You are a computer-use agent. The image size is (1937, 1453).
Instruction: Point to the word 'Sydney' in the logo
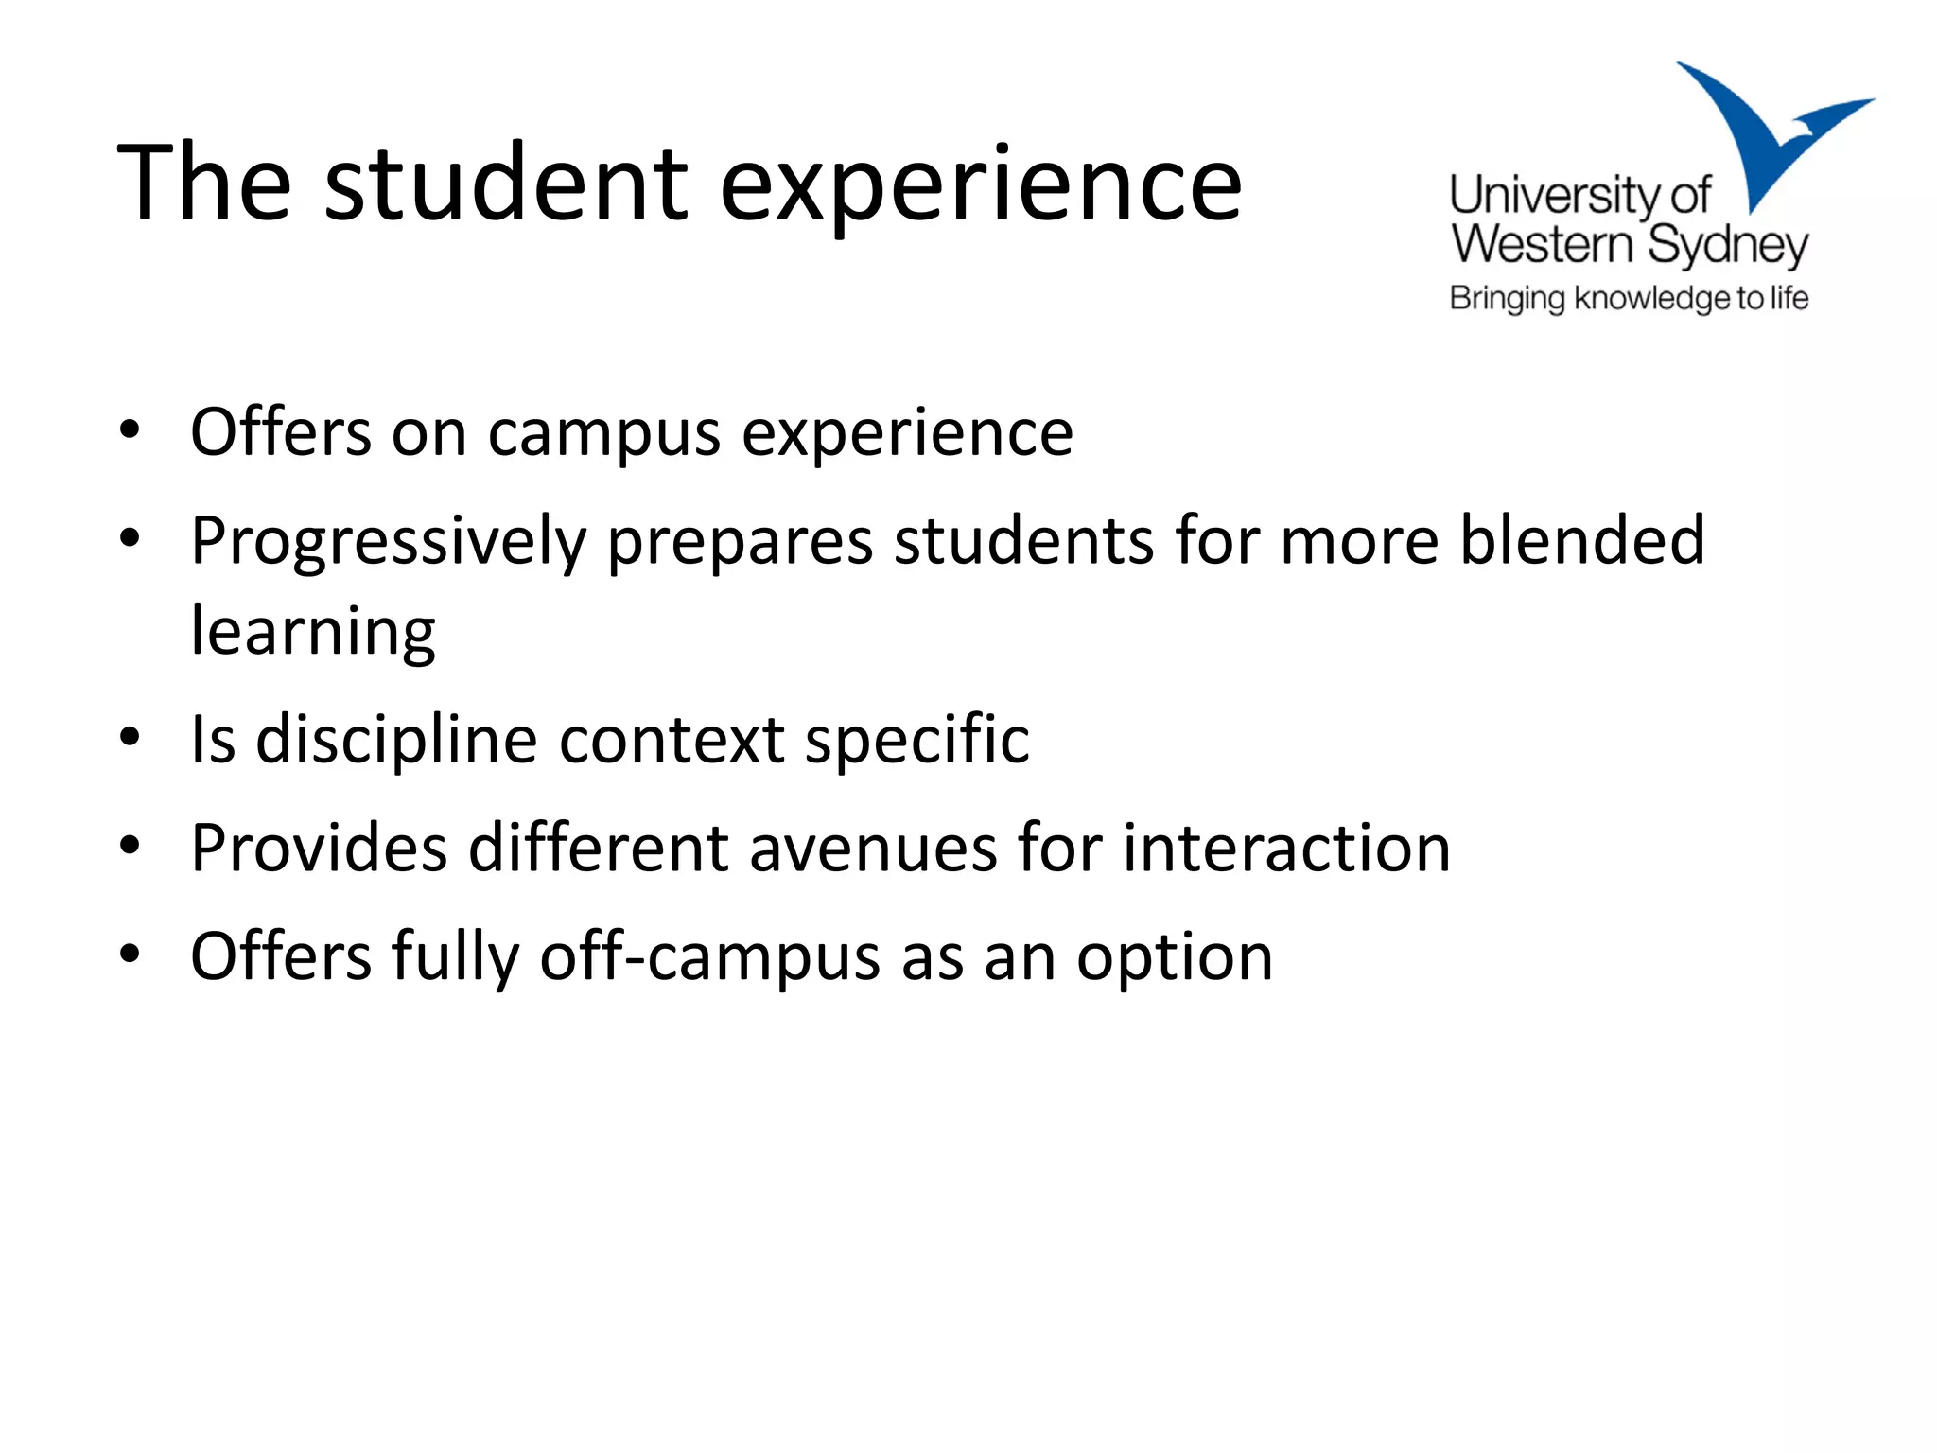tap(1728, 246)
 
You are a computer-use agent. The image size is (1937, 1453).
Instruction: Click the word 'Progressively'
tap(389, 543)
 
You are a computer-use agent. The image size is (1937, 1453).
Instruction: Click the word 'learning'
tap(313, 632)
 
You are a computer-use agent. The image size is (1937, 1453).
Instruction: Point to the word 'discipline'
tap(397, 741)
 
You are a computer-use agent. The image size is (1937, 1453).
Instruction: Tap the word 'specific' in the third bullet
tap(916, 741)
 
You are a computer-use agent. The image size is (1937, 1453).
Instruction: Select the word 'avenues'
tap(873, 848)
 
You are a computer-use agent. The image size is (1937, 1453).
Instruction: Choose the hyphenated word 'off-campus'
tap(709, 957)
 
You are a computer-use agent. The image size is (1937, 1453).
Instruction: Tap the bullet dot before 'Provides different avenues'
tap(131, 844)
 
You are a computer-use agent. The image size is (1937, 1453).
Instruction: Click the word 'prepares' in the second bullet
tap(741, 543)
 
